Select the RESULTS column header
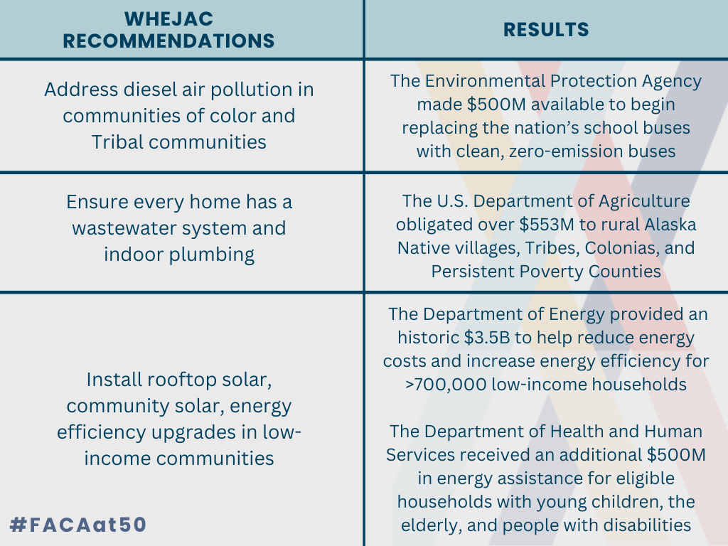tap(546, 29)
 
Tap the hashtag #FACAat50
tap(78, 525)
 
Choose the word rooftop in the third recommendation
tap(176, 380)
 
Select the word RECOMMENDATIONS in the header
tap(168, 41)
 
